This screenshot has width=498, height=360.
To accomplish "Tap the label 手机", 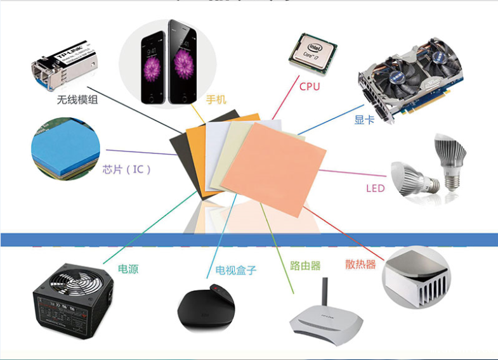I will (216, 100).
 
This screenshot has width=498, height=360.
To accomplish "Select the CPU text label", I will (310, 86).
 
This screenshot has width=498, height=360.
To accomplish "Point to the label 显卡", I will (364, 119).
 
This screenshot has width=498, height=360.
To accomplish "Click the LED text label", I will (375, 188).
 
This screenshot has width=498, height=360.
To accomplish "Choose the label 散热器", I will (361, 264).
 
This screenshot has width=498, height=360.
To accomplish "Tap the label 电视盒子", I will (236, 271).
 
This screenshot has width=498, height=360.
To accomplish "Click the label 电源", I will (128, 269).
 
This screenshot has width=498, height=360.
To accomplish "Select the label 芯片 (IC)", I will (126, 170).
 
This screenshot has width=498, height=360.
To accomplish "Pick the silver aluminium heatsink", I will (416, 276).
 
